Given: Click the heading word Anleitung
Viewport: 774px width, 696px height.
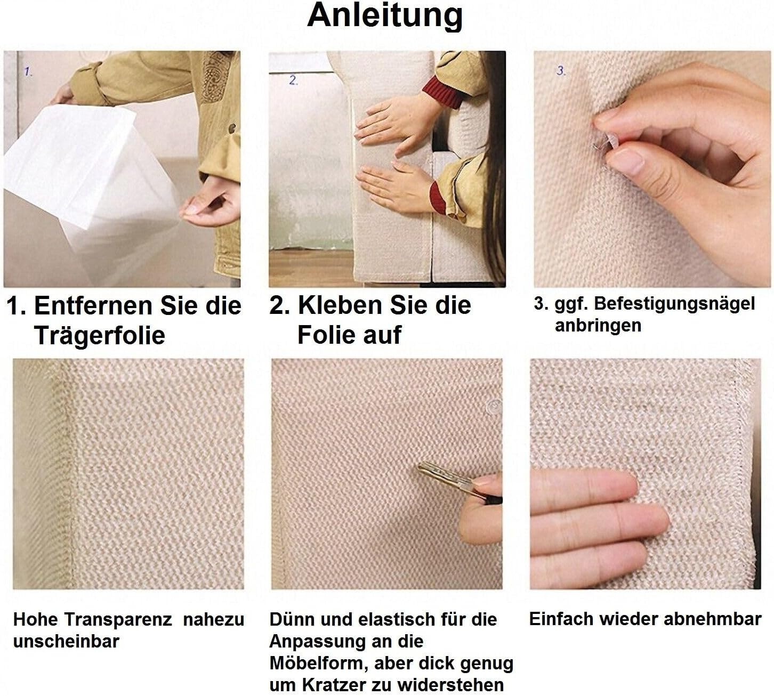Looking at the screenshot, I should pos(385,16).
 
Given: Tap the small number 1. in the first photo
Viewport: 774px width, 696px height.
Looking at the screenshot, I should pos(28,72).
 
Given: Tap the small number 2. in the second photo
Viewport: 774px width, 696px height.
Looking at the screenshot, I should pos(293,80).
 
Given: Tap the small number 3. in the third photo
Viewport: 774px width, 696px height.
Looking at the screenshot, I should pos(561,70).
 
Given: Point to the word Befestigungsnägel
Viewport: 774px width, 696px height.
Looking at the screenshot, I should pos(674,304).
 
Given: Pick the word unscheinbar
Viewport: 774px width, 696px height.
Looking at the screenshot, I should pos(66,641).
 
